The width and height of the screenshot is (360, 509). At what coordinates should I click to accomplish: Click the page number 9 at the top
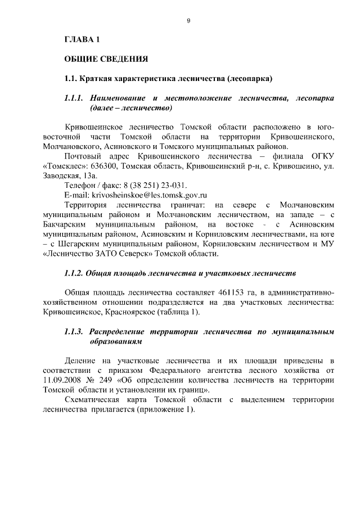[188, 21]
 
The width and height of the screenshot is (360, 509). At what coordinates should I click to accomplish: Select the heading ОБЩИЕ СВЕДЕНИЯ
[106, 58]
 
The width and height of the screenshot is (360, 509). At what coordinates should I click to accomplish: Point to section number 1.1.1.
[74, 98]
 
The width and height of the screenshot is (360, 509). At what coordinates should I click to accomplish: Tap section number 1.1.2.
[74, 273]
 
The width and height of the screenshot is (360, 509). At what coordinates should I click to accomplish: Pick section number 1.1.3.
[74, 331]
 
